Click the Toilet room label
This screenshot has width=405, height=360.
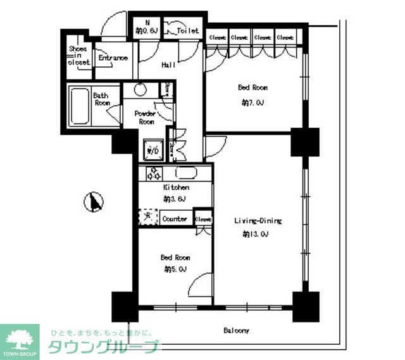188,30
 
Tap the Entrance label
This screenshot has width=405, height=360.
113,58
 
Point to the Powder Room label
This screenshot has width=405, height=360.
145,117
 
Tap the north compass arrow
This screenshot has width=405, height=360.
94,202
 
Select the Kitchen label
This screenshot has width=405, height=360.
175,188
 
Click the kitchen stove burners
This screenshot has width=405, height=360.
154,173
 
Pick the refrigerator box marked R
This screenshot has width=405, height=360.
148,217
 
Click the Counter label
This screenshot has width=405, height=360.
175,219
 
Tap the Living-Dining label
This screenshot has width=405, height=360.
258,221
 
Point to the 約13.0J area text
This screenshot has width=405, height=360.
256,234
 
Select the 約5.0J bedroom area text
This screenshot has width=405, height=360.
175,270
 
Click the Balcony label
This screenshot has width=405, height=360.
236,331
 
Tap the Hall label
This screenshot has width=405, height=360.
168,64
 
